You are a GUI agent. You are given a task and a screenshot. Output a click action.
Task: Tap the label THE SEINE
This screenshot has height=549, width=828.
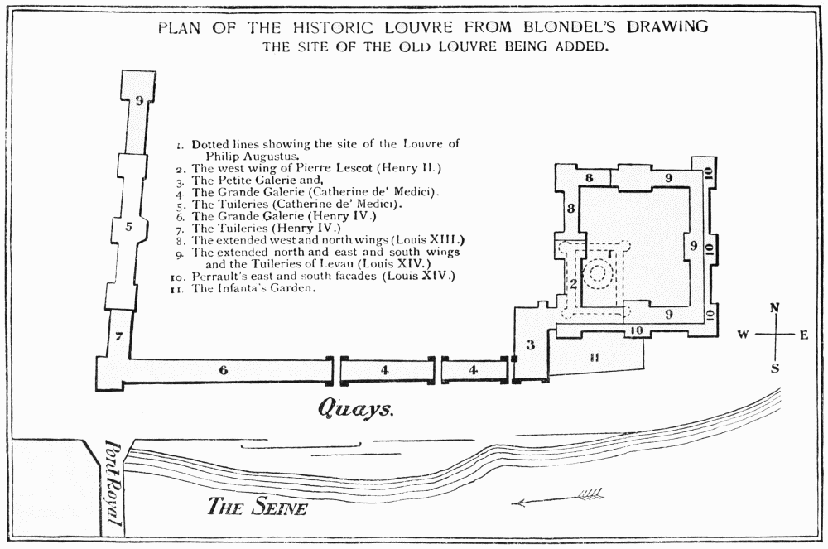[257, 506]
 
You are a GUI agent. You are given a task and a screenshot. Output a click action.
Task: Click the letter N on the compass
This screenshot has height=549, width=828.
[775, 308]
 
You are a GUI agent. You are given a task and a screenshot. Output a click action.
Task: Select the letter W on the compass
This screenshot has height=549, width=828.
[744, 335]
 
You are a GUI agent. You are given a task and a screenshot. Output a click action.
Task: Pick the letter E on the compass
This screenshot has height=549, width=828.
[804, 335]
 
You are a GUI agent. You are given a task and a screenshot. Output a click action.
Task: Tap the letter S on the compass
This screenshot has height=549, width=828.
[775, 368]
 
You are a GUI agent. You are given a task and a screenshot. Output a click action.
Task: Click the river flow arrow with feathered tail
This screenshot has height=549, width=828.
[558, 498]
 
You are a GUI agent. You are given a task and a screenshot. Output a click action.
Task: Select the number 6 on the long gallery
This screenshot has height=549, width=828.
[224, 370]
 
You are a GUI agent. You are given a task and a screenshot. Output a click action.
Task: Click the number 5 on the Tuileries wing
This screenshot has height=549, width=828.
[128, 226]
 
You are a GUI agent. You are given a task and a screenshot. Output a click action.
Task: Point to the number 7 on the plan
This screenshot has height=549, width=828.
[118, 336]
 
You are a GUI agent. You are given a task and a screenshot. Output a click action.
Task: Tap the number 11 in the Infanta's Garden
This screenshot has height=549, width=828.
[593, 358]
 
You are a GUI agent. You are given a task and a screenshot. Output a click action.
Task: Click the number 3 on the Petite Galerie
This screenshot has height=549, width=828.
[531, 344]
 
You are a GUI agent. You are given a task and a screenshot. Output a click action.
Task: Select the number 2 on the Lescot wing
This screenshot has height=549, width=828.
[572, 284]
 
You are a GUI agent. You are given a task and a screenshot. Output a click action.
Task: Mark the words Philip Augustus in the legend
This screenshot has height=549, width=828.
[247, 155]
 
